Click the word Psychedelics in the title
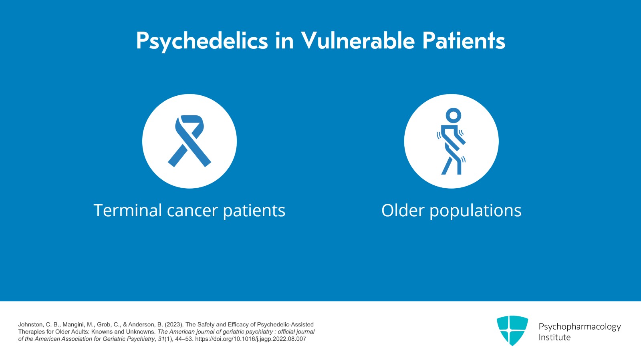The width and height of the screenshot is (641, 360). [x=202, y=41]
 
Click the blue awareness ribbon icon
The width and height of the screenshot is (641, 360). [x=189, y=141]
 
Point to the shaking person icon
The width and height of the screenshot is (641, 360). [x=452, y=141]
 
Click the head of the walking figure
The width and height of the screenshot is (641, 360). [x=453, y=115]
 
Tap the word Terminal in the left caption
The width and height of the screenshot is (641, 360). [x=127, y=211]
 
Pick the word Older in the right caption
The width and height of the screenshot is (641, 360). [x=402, y=211]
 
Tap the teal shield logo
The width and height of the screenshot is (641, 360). [x=512, y=330]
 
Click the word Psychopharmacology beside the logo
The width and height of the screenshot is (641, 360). [x=579, y=327]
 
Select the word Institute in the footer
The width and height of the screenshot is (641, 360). [x=554, y=338]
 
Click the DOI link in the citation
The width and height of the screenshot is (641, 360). [x=250, y=339]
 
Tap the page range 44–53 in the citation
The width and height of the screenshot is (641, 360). [x=184, y=339]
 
